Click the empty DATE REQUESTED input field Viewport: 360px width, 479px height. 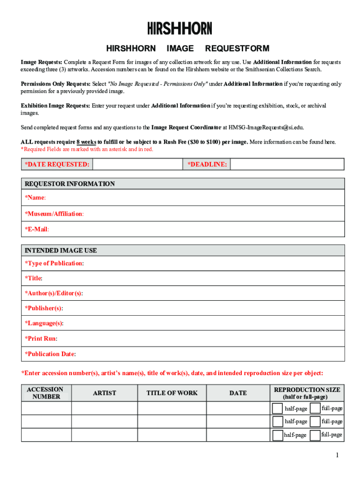pyautogui.click(x=137, y=164)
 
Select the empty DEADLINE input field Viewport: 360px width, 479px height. pyautogui.click(x=287, y=164)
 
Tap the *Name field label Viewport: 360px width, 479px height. pyautogui.click(x=35, y=198)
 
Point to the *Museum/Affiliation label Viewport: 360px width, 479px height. pyautogui.click(x=54, y=214)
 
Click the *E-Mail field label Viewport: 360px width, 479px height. pyautogui.click(x=37, y=229)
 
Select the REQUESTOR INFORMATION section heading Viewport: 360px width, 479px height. pyautogui.click(x=70, y=184)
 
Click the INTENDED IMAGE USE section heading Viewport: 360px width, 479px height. pyautogui.click(x=61, y=250)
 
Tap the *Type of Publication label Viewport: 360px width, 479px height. pyautogui.click(x=54, y=263)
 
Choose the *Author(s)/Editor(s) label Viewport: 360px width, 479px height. pyautogui.click(x=54, y=293)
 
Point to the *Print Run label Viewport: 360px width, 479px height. pyautogui.click(x=41, y=338)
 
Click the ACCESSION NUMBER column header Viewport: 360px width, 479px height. pyautogui.click(x=46, y=393)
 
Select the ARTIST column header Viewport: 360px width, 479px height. pyautogui.click(x=104, y=393)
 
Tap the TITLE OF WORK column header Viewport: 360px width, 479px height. pyautogui.click(x=172, y=393)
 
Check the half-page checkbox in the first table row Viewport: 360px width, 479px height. pyautogui.click(x=277, y=408)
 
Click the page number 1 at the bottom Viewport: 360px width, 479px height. pyautogui.click(x=337, y=456)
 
